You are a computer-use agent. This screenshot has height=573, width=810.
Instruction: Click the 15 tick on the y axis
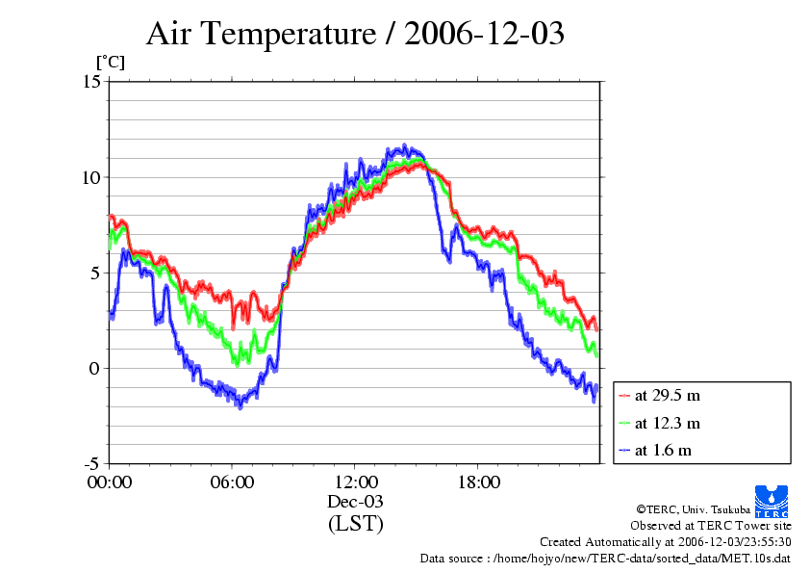[90, 82]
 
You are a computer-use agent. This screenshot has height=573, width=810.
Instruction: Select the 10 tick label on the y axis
[90, 177]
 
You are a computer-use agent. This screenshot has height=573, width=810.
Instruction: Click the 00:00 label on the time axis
[110, 482]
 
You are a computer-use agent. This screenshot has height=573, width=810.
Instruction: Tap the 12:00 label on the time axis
[355, 482]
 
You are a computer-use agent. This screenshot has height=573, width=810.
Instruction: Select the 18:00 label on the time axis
[478, 482]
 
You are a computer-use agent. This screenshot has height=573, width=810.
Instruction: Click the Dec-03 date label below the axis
[355, 502]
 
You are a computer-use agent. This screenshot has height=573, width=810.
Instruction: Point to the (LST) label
[355, 524]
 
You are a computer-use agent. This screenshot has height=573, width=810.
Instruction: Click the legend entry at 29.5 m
[668, 395]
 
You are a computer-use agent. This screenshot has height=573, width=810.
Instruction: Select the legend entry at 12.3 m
[668, 423]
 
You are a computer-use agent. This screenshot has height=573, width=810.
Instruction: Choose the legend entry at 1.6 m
[664, 450]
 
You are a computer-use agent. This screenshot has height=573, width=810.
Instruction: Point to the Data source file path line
[605, 559]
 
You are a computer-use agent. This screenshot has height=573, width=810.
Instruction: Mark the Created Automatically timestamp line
[665, 542]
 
